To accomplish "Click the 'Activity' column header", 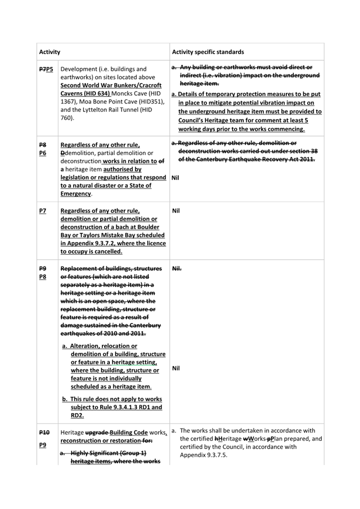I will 50,52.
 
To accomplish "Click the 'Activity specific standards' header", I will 208,52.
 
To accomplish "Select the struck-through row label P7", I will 42,69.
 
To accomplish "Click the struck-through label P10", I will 44,432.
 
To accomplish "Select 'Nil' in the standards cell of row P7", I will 177,211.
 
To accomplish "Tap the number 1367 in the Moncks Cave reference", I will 68,101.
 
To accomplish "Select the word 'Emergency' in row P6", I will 75,194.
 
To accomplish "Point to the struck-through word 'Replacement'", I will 82,269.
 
